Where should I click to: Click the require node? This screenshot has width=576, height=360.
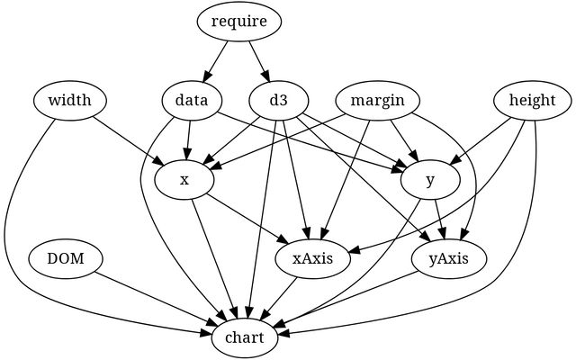click(x=239, y=22)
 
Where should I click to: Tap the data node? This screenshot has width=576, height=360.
click(x=193, y=100)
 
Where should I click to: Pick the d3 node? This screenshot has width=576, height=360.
click(x=278, y=100)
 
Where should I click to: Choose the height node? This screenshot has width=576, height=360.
click(x=531, y=100)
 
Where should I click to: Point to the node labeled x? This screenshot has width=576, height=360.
click(x=184, y=180)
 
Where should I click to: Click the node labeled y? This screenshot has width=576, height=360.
click(x=431, y=180)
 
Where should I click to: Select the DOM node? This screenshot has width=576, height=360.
click(x=65, y=259)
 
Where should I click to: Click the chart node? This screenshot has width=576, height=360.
click(x=245, y=338)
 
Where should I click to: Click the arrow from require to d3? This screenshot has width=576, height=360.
click(x=258, y=60)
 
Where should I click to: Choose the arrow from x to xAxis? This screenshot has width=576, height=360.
click(x=245, y=219)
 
